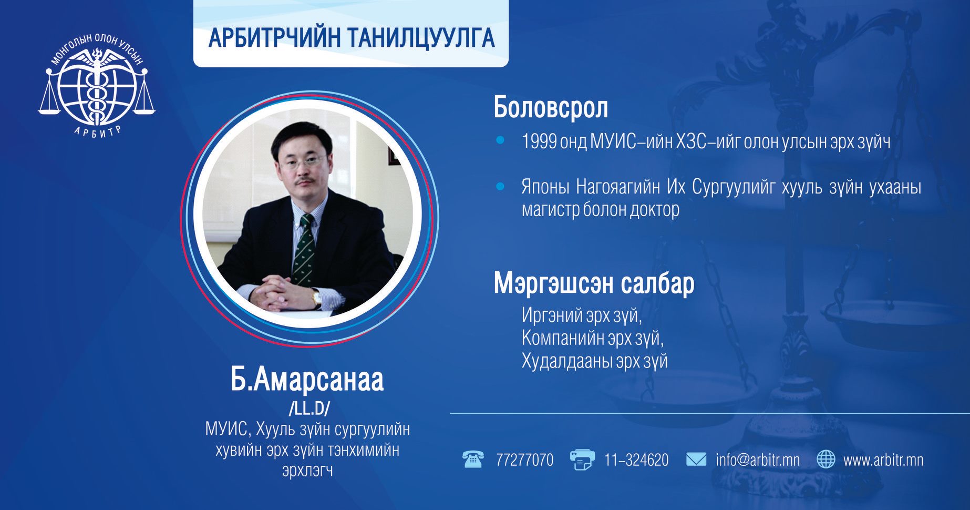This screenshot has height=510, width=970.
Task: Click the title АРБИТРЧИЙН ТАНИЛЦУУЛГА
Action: point(352,38)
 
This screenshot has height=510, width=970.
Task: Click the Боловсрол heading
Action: point(551,108)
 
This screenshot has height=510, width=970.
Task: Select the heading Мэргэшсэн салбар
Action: point(594,284)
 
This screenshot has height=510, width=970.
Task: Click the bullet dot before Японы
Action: point(500,186)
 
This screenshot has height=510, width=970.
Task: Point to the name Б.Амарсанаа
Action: point(307,380)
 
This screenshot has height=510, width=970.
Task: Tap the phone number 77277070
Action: point(524,460)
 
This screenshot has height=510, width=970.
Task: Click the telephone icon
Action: point(473,459)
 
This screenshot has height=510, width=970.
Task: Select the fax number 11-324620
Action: point(636,460)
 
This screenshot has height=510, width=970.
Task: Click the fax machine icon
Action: point(582,460)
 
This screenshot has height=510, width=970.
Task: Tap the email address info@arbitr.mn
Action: point(758,460)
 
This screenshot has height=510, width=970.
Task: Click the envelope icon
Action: point(696,460)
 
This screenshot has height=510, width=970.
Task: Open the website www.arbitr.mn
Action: point(883,460)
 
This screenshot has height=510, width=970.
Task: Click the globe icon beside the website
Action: point(826,460)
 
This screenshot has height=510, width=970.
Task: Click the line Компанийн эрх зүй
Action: point(593,338)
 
